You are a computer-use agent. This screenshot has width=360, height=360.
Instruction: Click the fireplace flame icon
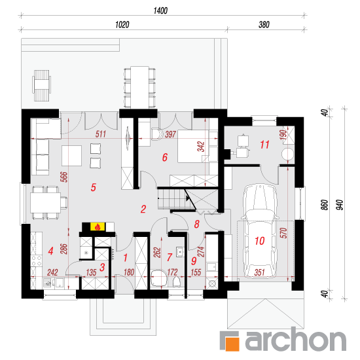[98, 227]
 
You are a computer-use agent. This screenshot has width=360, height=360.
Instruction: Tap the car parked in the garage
[260, 231]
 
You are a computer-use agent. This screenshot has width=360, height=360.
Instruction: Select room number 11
[264, 145]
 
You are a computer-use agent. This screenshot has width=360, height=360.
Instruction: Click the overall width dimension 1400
[160, 10]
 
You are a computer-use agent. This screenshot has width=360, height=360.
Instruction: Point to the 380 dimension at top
[264, 25]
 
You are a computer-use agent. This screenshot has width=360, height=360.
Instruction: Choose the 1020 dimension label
[122, 25]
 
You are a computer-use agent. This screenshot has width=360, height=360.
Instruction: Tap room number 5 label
[93, 187]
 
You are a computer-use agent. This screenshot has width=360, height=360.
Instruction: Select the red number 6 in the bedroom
[165, 157]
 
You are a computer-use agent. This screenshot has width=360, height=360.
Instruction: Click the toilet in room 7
[176, 281]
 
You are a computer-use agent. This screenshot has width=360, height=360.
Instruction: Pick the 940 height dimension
[340, 205]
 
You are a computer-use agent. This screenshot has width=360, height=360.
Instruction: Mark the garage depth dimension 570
[284, 232]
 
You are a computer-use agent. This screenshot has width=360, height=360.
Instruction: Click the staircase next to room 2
[176, 198]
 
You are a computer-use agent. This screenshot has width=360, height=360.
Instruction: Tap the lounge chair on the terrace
[41, 85]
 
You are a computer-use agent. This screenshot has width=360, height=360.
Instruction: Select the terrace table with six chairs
[139, 87]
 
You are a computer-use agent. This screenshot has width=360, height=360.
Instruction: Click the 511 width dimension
[101, 134]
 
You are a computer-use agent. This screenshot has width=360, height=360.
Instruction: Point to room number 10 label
[260, 241]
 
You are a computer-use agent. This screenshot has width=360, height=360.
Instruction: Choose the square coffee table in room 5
[71, 155]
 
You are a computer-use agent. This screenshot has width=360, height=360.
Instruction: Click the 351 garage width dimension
[260, 272]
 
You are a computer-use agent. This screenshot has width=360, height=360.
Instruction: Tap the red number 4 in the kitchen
[51, 251]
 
